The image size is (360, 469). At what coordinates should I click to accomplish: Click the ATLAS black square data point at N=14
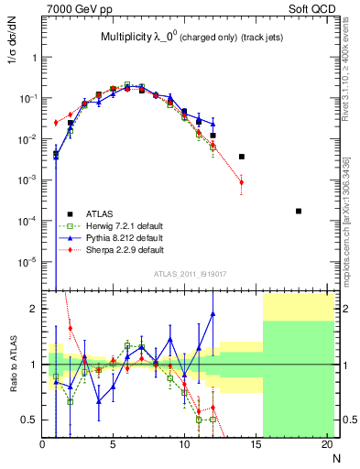242,157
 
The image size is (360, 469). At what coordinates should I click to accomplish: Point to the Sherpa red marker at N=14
242,182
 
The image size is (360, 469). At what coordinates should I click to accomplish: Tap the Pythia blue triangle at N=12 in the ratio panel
213,313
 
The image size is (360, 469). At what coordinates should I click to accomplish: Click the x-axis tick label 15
256,446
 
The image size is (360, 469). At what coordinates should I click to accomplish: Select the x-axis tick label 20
326,446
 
